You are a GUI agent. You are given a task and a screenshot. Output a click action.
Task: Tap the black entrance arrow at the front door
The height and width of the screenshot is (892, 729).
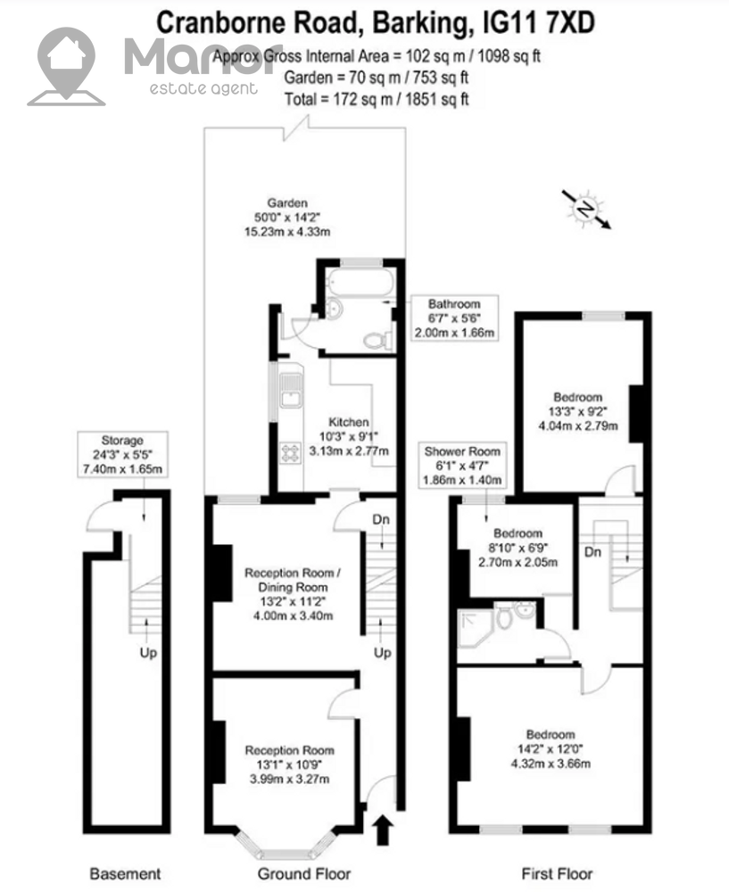coord(384,830)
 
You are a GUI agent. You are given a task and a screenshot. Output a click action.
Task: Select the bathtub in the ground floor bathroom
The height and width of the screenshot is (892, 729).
coord(360,282)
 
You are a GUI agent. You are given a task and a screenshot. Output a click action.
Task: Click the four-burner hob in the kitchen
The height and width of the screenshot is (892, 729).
coord(290,453)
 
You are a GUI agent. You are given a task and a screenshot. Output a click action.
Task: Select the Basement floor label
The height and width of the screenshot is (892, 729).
coord(125,874)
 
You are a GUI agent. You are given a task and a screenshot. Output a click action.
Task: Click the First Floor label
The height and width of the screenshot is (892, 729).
coord(557,873)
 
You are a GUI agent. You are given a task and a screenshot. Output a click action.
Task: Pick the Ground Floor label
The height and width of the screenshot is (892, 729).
coord(304,873)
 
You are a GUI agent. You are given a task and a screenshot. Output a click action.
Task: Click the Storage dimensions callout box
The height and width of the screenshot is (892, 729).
coord(122,455)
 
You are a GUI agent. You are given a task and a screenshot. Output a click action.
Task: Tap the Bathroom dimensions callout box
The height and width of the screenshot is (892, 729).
coord(455,318)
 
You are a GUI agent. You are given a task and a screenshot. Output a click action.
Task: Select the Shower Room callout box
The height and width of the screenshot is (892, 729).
coord(462,466)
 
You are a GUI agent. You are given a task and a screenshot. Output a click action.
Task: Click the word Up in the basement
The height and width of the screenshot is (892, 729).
coord(148,653)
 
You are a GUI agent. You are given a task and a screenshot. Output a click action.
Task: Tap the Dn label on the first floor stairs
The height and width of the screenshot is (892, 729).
coord(593,552)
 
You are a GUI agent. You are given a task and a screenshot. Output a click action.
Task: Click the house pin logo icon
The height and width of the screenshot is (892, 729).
coord(66,67)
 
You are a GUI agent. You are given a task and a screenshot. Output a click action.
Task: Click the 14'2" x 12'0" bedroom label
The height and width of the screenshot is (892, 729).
coord(551,749)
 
